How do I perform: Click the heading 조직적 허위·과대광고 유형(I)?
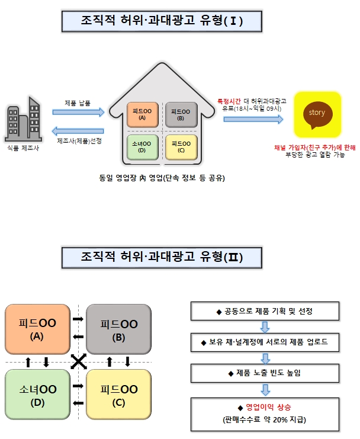tap(162, 20)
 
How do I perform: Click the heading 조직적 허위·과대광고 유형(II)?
tap(162, 256)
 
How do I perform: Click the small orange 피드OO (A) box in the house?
tap(142, 114)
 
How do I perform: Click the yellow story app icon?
tap(317, 113)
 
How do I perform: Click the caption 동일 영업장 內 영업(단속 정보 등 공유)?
tap(162, 178)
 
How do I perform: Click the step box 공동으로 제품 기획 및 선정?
tap(265, 311)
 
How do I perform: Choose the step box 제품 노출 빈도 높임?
tap(265, 373)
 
